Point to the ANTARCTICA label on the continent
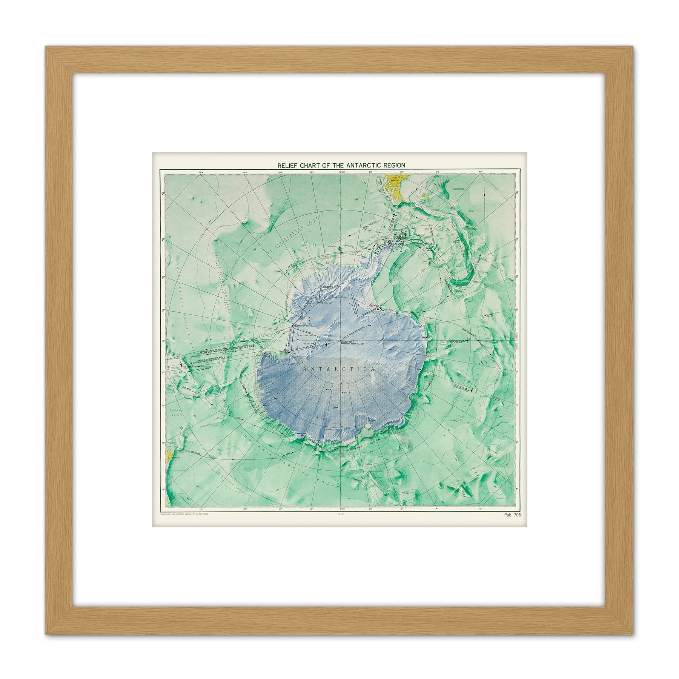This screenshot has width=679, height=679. [x=338, y=369]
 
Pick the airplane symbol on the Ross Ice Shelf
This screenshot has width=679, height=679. [x=326, y=344]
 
